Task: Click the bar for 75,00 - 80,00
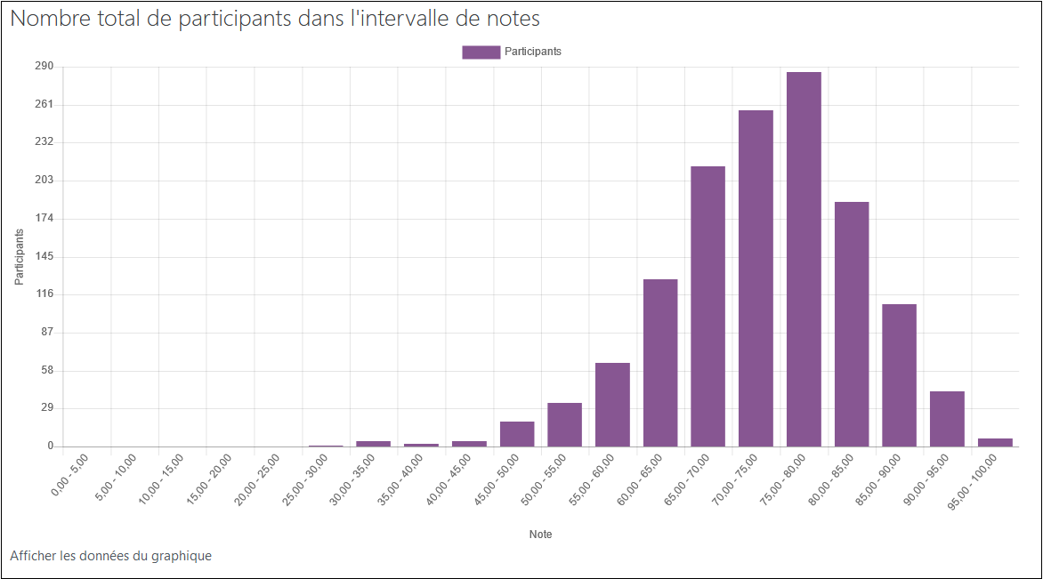pos(804,259)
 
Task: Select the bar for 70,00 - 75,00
pos(756,278)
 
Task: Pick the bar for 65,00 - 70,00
pos(708,306)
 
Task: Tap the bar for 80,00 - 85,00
pos(852,324)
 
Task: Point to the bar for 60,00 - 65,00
pos(660,363)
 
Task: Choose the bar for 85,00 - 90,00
pos(899,375)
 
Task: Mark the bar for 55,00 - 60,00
pos(612,405)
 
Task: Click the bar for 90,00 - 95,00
pos(947,419)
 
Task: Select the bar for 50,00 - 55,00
pos(564,424)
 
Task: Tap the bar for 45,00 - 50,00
pos(517,434)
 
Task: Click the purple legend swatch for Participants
pos(481,52)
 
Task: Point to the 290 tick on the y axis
pos(44,67)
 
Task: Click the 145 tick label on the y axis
pos(44,256)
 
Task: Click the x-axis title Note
pos(540,535)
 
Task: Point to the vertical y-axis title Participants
pos(19,257)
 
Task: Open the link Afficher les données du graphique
pos(111,556)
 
